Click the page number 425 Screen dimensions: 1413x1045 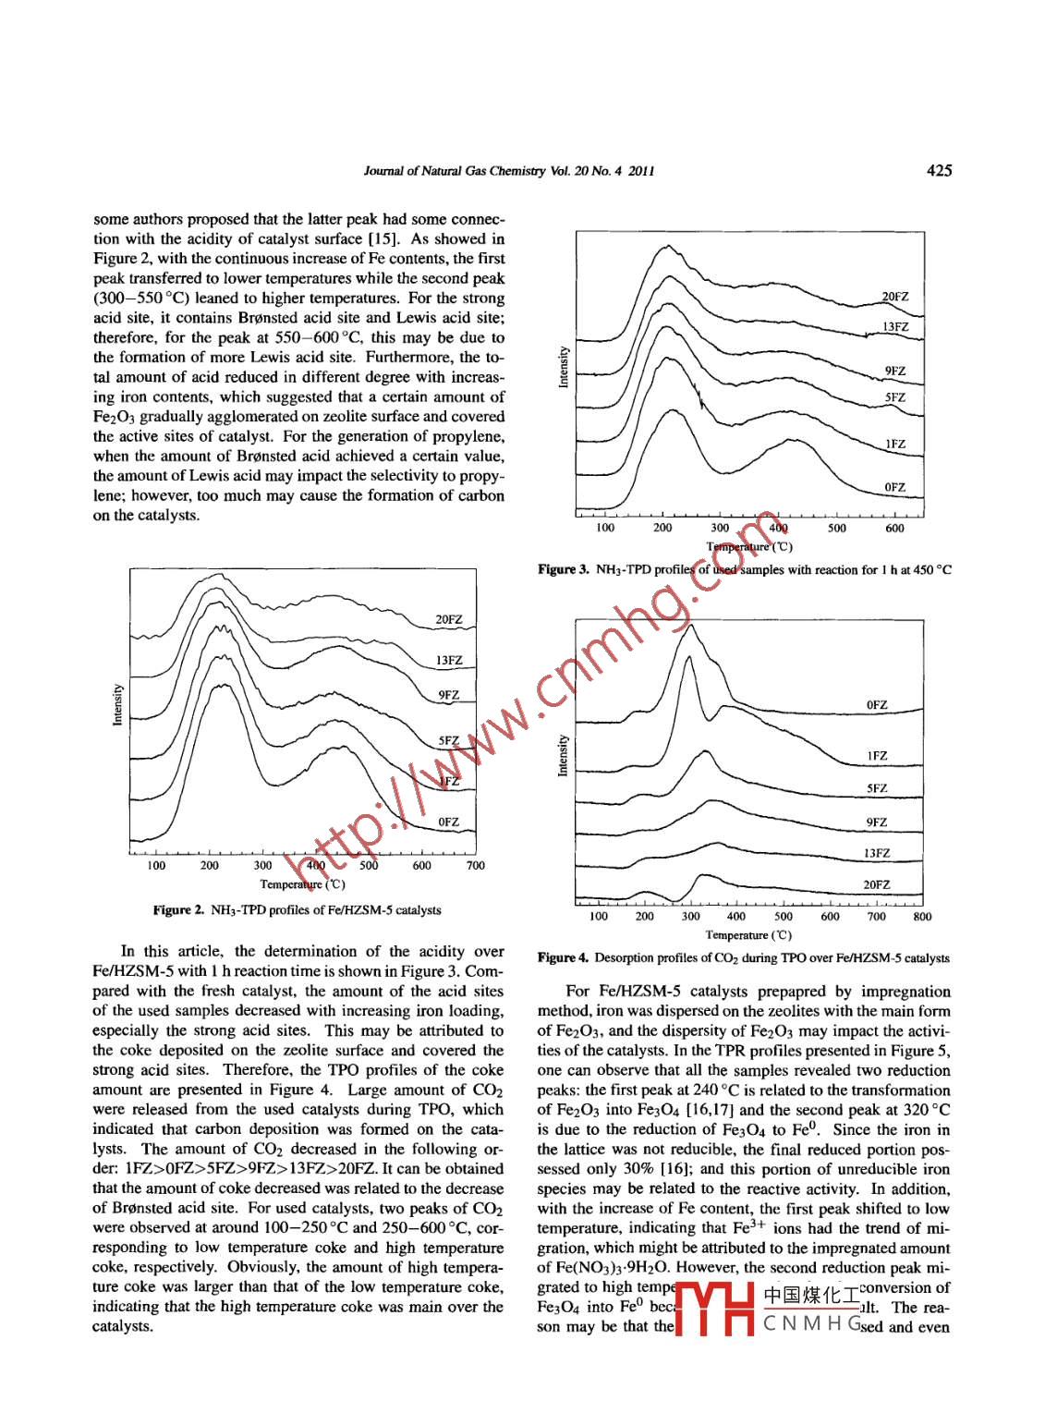(939, 170)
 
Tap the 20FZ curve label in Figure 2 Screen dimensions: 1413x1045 (449, 619)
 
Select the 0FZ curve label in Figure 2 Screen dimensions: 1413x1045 (448, 822)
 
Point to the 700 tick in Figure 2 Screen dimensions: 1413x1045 (475, 866)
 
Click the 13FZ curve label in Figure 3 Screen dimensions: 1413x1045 (895, 327)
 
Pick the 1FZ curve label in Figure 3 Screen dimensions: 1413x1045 (895, 445)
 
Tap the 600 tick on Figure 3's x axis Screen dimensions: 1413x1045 (894, 529)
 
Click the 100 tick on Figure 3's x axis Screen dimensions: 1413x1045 (604, 529)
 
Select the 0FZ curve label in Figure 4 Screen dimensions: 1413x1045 (877, 705)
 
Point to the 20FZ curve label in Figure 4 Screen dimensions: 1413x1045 (877, 884)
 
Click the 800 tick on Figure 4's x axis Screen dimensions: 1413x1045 (922, 917)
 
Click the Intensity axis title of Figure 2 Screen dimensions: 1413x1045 (117, 705)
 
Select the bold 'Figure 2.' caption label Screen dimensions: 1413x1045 (179, 910)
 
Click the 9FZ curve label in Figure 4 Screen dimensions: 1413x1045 (877, 822)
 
